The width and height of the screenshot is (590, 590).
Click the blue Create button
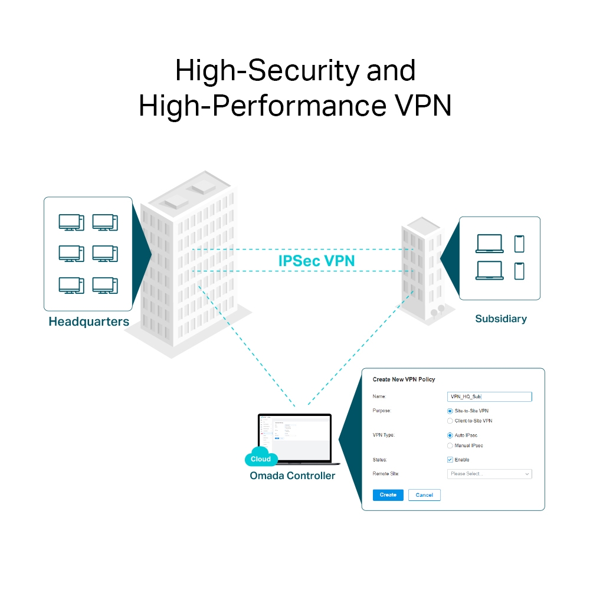tap(388, 495)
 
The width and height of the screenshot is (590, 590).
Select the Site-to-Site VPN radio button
tap(450, 411)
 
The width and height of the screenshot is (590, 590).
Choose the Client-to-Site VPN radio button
tap(450, 421)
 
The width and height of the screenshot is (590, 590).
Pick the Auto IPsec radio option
tap(450, 435)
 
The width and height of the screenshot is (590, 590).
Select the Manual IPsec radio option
tap(450, 446)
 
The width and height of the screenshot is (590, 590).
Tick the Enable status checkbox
tap(450, 460)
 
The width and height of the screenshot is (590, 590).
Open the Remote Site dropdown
tap(490, 474)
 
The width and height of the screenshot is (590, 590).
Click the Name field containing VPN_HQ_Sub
tap(490, 397)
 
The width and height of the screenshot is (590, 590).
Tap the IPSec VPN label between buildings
tap(316, 261)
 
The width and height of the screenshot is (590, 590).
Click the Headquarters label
tap(88, 322)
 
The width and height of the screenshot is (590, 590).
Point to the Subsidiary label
tap(501, 319)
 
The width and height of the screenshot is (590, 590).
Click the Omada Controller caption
tap(292, 476)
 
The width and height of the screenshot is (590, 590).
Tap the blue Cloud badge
tap(261, 458)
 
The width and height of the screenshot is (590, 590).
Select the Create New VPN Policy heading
tap(404, 379)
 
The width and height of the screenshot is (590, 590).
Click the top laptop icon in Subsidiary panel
tap(490, 244)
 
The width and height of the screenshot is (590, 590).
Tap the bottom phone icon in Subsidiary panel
tap(519, 271)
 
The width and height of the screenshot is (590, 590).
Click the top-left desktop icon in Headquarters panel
tap(71, 222)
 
